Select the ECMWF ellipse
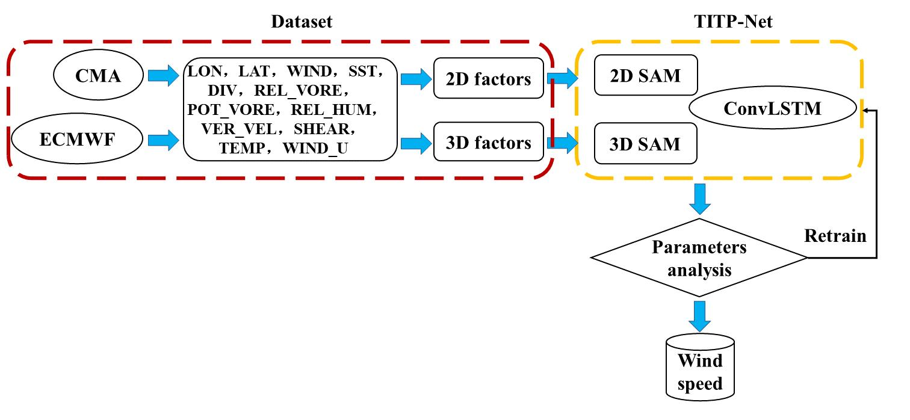(x=76, y=141)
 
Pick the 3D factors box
(x=488, y=142)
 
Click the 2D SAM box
(x=645, y=75)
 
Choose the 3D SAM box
(x=645, y=143)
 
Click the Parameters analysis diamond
(x=699, y=258)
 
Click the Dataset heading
(x=302, y=22)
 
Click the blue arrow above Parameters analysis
(x=699, y=199)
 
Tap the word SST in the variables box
(x=364, y=72)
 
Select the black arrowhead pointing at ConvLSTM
(x=865, y=110)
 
